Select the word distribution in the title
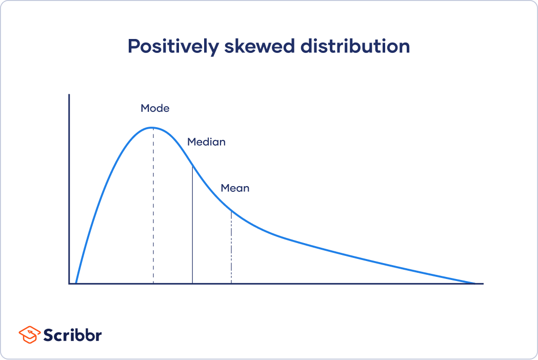tap(355, 47)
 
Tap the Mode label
tap(155, 109)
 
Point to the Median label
tap(206, 142)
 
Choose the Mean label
tap(235, 188)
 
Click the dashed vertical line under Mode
tap(153, 205)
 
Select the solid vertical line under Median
tap(192, 226)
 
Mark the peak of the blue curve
tap(152, 128)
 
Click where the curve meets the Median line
tap(192, 166)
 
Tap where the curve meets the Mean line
tap(231, 211)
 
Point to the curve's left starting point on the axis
tap(76, 283)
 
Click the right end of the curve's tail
tap(475, 283)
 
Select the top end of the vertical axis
tap(69, 95)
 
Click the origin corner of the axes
tap(69, 283)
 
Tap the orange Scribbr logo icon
tap(29, 335)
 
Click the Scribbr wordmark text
tap(72, 335)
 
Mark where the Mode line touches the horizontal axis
tap(153, 283)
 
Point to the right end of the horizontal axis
tap(483, 283)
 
